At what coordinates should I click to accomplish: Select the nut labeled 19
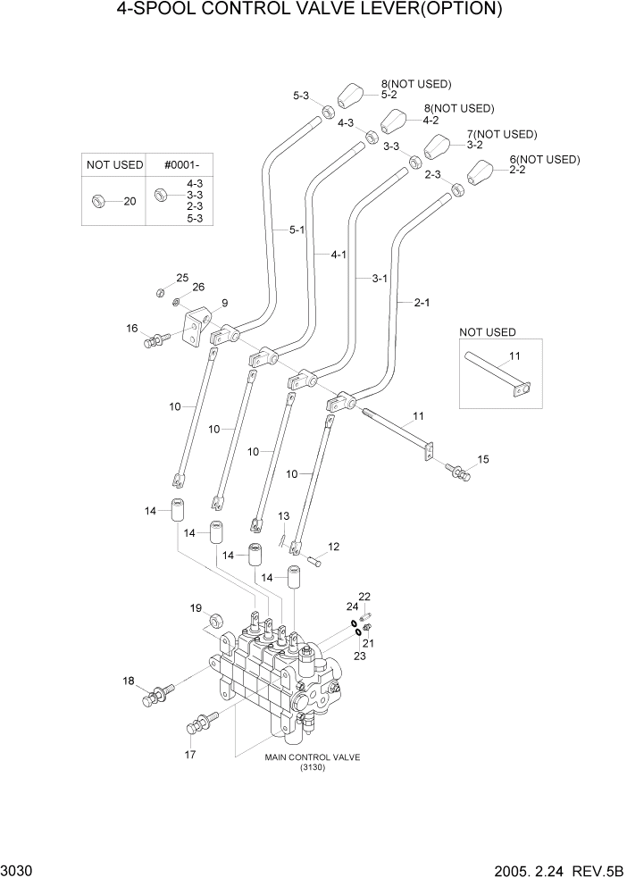(x=215, y=620)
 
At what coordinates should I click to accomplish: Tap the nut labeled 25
(x=158, y=291)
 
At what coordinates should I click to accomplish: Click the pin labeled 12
(x=313, y=561)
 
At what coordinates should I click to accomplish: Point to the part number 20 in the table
(x=130, y=201)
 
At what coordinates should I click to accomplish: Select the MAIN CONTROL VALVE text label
(x=312, y=757)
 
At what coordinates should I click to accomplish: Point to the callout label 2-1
(x=422, y=302)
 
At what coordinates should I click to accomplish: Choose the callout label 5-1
(x=296, y=230)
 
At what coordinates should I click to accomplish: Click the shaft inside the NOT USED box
(x=497, y=373)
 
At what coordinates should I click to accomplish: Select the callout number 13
(x=284, y=516)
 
